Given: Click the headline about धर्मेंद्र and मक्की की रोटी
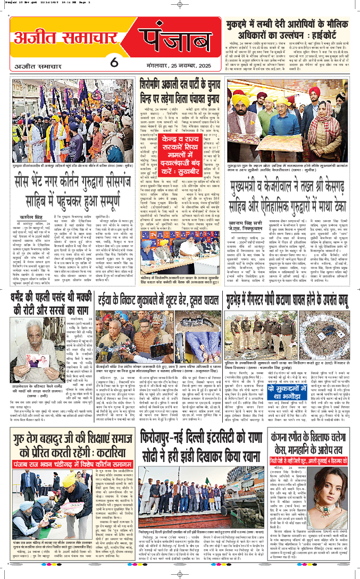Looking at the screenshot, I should coord(47,301).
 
